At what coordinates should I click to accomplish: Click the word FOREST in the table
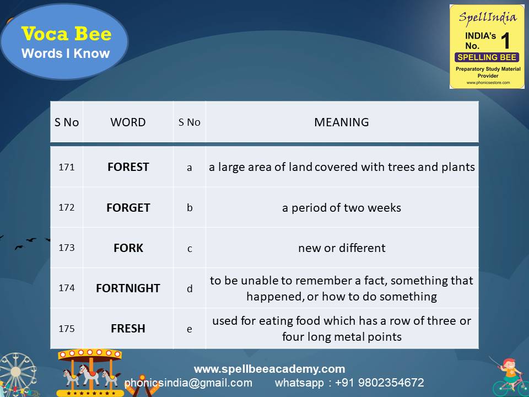click(x=128, y=167)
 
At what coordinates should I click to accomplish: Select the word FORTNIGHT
click(x=128, y=288)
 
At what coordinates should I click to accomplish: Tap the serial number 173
click(x=66, y=248)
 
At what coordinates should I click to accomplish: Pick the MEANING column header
click(x=342, y=122)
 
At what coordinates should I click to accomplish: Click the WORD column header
click(x=128, y=122)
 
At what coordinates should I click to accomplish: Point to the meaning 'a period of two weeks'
click(x=342, y=208)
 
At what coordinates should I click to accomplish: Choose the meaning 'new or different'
click(x=342, y=248)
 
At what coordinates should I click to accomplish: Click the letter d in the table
click(x=190, y=288)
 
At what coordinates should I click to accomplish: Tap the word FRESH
click(x=128, y=329)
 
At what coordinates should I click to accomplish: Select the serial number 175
click(x=66, y=328)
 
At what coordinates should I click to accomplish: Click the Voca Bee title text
click(x=66, y=34)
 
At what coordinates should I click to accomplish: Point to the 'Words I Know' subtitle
click(x=66, y=54)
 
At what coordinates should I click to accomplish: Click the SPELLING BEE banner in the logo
click(x=487, y=57)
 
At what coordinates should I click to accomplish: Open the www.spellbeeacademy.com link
click(x=269, y=369)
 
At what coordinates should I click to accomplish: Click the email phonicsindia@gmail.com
click(x=188, y=383)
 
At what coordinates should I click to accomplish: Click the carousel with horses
click(x=90, y=373)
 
